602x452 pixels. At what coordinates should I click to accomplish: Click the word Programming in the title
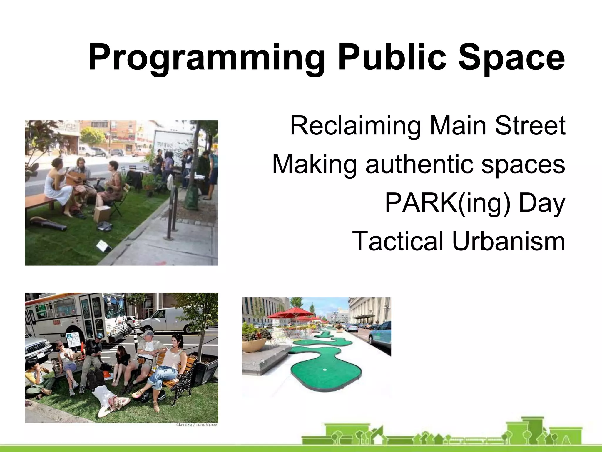click(206, 57)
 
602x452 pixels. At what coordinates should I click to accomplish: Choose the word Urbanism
click(509, 241)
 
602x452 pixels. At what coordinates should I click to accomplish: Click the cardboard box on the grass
click(102, 214)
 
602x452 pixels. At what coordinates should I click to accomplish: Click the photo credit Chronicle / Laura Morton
click(197, 425)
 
